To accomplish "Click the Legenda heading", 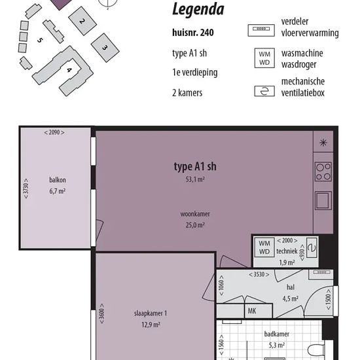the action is (x=198, y=9).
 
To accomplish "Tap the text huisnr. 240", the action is (x=193, y=33).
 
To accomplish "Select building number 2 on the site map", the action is (x=82, y=21).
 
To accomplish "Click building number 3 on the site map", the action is (x=105, y=48).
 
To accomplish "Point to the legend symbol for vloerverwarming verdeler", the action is (x=261, y=30).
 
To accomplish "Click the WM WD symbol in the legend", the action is (x=264, y=58).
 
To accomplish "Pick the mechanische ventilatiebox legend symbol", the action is (x=264, y=91).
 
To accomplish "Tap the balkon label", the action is (x=58, y=180).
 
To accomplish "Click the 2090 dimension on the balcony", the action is (x=54, y=132).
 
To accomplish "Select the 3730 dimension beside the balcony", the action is (x=26, y=189).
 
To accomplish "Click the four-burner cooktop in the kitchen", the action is (x=323, y=171).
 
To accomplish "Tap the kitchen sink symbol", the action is (x=323, y=200).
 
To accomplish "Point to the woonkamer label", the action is (x=195, y=214).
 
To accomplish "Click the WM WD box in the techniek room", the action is (x=264, y=247).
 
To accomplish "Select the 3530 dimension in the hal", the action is (x=259, y=274).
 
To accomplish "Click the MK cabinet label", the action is (x=252, y=311).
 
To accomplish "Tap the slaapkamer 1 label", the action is (x=151, y=314).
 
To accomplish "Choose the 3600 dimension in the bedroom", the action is (x=101, y=314).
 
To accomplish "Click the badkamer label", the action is (x=277, y=334).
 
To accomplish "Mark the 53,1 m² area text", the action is (x=195, y=179).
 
